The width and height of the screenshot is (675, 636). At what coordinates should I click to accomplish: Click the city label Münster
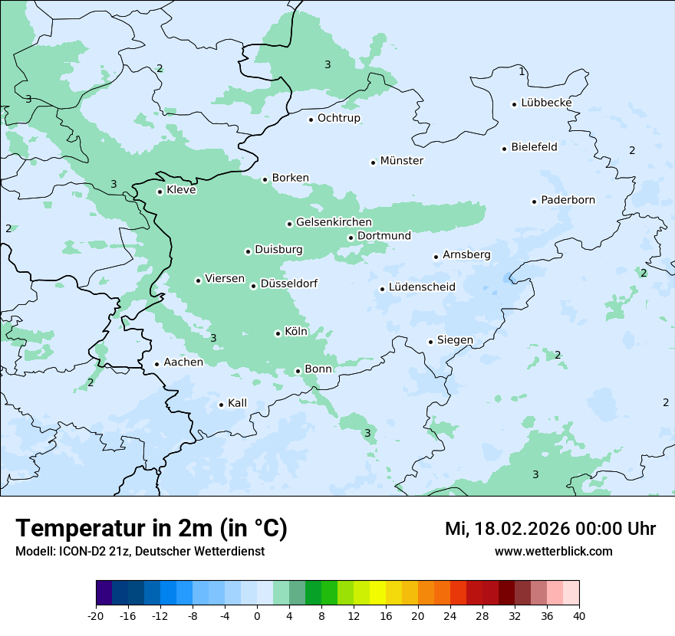[x=401, y=161]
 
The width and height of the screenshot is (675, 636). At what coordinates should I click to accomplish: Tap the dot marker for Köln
[x=278, y=333]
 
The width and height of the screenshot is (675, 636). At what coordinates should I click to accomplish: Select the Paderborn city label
[x=568, y=200]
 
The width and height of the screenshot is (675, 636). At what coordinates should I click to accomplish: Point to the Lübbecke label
[x=546, y=103]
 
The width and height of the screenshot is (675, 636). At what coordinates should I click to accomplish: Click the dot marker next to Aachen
[x=156, y=365]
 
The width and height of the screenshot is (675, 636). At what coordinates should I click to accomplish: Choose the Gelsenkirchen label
[x=334, y=222]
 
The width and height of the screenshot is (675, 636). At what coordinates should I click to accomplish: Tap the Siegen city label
[x=455, y=340]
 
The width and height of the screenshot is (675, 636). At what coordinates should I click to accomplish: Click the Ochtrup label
[x=338, y=118]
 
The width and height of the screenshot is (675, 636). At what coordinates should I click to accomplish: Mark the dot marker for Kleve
[x=160, y=192]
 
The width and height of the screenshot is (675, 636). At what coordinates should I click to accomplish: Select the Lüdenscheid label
[x=422, y=287]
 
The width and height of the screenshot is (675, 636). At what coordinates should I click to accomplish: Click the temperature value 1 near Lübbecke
[x=522, y=71]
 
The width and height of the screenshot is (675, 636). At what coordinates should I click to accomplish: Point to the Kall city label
[x=237, y=403]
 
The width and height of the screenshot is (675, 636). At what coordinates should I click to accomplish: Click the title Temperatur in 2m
[x=151, y=528]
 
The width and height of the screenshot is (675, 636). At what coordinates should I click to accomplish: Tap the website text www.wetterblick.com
[x=553, y=551]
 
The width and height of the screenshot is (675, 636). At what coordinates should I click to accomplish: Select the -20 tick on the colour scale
[x=96, y=615]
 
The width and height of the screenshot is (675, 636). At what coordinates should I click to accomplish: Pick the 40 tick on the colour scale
[x=579, y=615]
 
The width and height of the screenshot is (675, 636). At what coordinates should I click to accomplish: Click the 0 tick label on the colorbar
[x=257, y=615]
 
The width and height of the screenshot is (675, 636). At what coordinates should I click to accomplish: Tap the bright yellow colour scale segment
[x=377, y=594]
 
